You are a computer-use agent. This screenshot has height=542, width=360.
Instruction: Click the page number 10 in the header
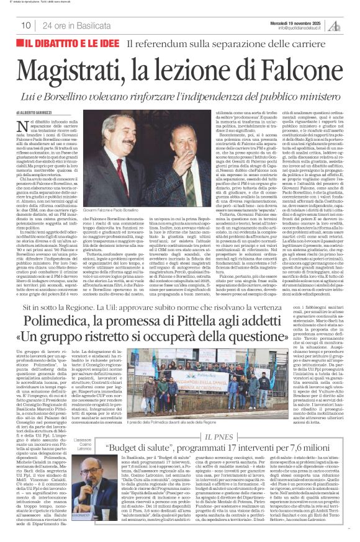(26, 25)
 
